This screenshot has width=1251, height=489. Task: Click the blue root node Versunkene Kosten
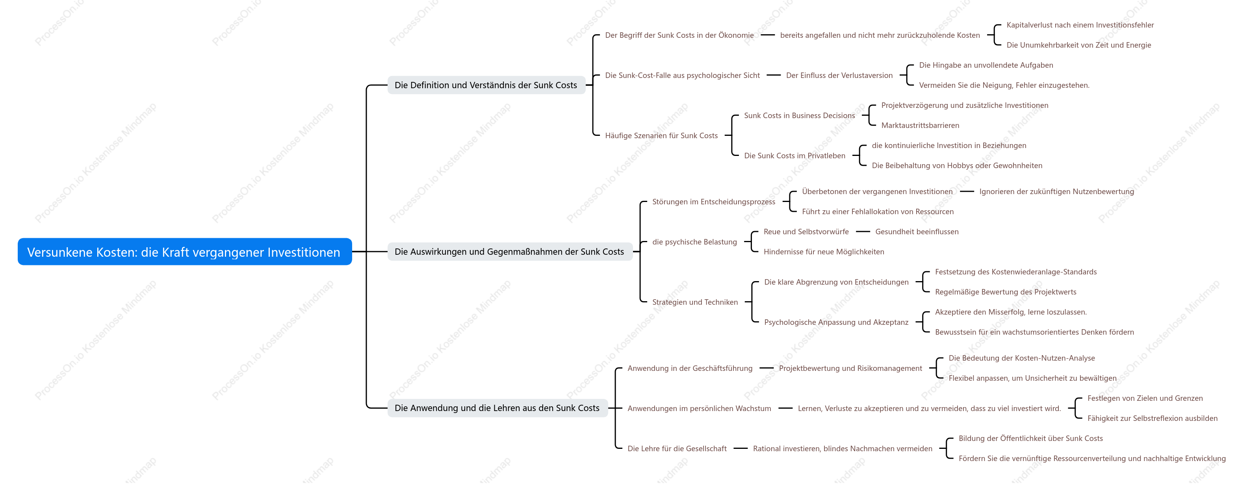(x=185, y=252)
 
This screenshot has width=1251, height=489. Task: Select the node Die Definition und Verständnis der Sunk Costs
(x=486, y=85)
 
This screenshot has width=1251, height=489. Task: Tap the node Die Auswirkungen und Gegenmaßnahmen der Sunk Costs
(x=509, y=252)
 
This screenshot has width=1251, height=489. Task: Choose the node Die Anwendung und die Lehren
(x=497, y=408)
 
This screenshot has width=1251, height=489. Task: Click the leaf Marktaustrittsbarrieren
(x=920, y=125)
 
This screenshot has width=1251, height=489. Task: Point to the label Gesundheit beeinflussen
(x=917, y=232)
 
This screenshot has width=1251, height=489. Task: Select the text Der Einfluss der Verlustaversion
(x=839, y=75)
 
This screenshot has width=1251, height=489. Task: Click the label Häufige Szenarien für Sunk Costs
(x=661, y=135)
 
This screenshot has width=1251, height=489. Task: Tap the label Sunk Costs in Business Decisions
(x=799, y=116)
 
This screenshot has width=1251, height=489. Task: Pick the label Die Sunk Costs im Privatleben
(x=794, y=156)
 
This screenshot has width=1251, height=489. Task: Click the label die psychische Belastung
(x=694, y=242)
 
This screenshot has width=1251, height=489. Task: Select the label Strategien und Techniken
(x=695, y=302)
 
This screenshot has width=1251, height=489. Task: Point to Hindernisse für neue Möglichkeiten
(x=824, y=252)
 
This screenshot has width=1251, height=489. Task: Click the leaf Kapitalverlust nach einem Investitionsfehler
(x=1080, y=25)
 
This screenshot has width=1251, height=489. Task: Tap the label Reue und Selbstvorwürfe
(x=806, y=232)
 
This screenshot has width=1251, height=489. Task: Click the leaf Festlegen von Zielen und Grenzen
(x=1145, y=398)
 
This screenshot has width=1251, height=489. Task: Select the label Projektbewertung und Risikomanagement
(x=850, y=368)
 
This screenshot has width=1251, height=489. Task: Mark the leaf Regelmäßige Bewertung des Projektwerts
(x=1006, y=292)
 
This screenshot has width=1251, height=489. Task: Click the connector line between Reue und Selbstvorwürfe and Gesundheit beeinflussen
(x=863, y=232)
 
